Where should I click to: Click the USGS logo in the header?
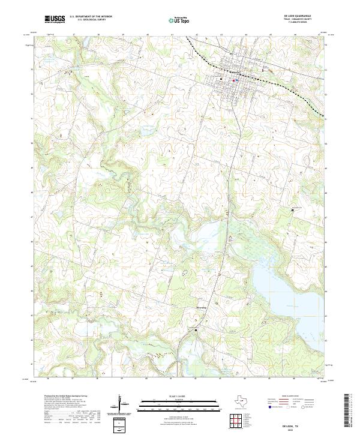coord(55,20)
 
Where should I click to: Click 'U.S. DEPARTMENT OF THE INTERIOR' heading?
coord(91,17)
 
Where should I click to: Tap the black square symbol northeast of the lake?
coord(292,210)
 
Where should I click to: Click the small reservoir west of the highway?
coord(207,231)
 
